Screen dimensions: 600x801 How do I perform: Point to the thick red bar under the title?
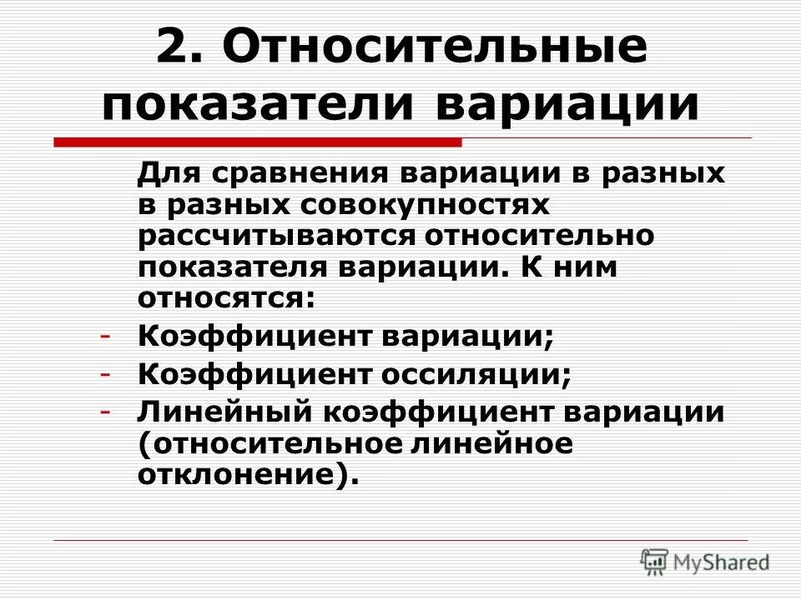click(x=258, y=142)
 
